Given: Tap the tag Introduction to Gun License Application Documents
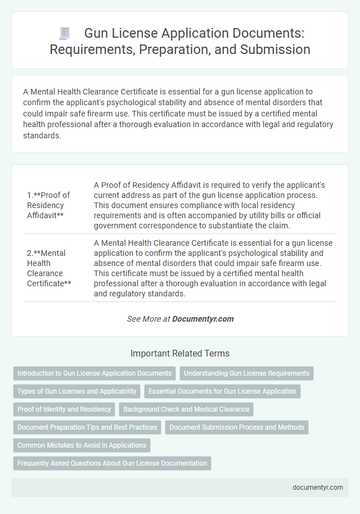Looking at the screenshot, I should click(94, 373).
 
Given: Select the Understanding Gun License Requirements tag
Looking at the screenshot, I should click(247, 373).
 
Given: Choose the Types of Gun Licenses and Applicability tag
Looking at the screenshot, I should click(77, 391).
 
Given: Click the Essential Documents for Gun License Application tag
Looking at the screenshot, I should click(222, 391).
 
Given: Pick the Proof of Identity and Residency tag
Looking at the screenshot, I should click(64, 409).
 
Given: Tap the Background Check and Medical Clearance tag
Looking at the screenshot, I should click(186, 409).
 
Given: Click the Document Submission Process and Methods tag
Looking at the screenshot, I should click(237, 427).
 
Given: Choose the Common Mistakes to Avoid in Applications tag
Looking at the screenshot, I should click(82, 445).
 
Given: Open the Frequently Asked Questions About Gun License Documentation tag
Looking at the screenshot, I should click(112, 463).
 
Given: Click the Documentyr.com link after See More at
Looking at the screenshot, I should click(202, 319).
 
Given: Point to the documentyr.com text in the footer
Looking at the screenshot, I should click(318, 488).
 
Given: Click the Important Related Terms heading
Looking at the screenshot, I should click(180, 354).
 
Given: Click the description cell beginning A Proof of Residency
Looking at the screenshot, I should click(213, 205).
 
